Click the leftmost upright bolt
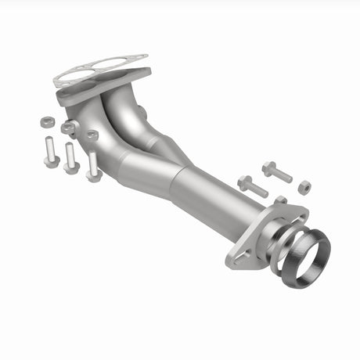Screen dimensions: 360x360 coord(51,151)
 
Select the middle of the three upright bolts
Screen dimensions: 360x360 coord(70,157)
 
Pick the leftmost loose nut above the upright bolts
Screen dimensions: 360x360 coord(46,122)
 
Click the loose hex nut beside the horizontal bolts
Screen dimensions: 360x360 coord(304,187)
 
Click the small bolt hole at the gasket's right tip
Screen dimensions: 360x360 coord(140,57)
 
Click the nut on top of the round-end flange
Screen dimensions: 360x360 coord(280,201)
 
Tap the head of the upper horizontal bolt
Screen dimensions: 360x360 coord(268,167)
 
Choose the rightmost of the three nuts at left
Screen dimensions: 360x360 coord(92,135)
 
